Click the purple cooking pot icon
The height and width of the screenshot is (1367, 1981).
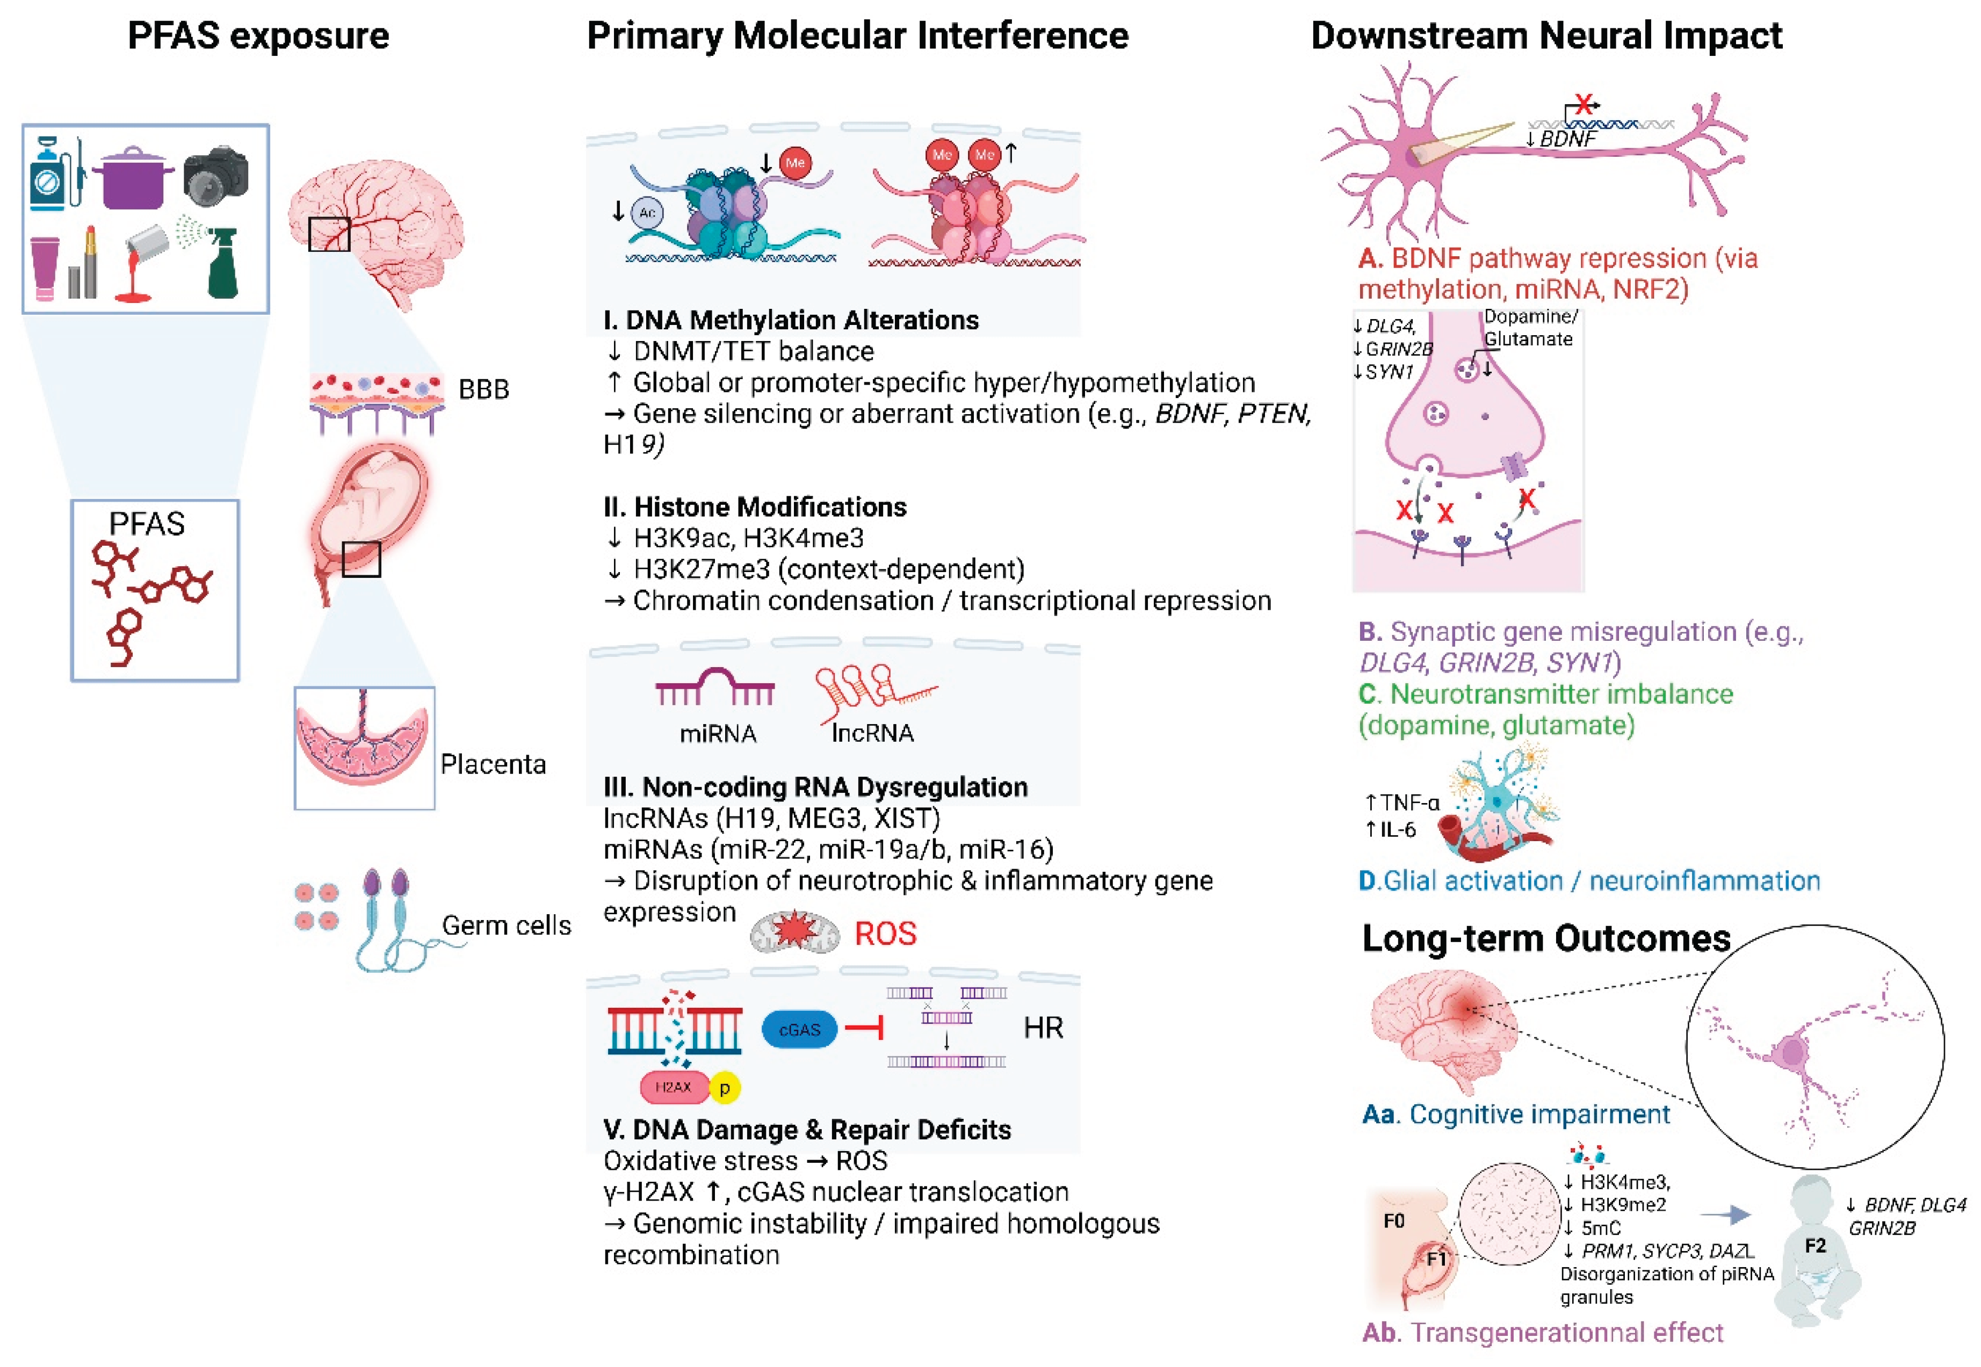(132, 178)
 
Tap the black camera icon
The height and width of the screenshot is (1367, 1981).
(216, 176)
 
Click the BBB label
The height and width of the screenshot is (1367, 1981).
(484, 390)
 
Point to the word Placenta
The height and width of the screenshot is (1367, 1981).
(493, 764)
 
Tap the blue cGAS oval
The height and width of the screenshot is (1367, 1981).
(799, 1030)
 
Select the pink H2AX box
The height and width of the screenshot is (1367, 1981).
(673, 1087)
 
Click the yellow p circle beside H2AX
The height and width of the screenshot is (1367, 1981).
(725, 1088)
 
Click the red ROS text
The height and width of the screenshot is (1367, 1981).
(886, 934)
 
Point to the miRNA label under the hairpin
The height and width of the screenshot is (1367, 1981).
(718, 734)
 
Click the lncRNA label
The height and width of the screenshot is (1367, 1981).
(873, 733)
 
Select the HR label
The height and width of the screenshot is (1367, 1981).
(1043, 1028)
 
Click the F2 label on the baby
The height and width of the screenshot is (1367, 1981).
(1816, 1246)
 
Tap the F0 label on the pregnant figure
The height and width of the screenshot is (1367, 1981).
(1394, 1220)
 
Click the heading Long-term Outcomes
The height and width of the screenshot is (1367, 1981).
(1546, 939)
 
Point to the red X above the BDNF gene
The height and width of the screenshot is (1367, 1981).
(1584, 105)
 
